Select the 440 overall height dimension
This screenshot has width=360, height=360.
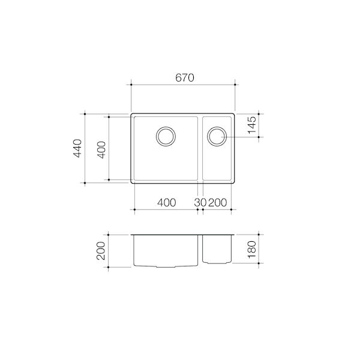[77, 148]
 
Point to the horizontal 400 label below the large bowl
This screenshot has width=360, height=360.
[166, 202]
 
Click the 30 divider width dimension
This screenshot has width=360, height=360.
[200, 202]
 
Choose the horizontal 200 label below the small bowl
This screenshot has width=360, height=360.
[218, 202]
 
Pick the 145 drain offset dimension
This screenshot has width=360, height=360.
[252, 124]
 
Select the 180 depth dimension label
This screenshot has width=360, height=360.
[252, 248]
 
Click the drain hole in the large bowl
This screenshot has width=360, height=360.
[166, 136]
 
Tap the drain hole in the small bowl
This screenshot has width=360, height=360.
[217, 136]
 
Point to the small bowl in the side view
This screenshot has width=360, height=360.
[217, 248]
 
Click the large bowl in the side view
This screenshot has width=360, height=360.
[166, 250]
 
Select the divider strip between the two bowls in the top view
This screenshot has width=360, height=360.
[200, 148]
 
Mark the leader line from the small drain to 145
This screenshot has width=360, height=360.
[240, 137]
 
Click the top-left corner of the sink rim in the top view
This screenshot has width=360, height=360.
[131, 113]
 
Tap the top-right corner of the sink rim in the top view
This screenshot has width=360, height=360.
[235, 113]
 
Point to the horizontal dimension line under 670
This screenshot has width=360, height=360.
[182, 86]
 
